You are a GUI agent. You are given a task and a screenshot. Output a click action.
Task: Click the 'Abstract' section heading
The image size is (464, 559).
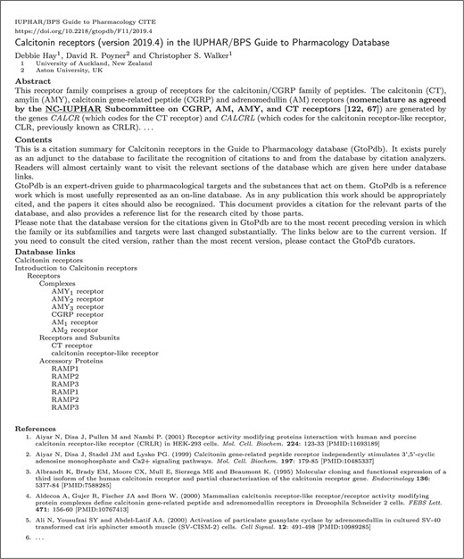(33, 79)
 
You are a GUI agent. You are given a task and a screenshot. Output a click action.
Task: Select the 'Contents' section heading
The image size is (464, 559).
(34, 140)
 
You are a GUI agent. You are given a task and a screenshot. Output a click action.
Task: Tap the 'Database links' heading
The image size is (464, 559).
(49, 252)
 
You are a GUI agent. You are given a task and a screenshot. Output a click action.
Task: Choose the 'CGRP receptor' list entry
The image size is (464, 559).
(78, 314)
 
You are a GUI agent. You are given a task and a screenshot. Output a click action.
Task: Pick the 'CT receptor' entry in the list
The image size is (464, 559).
(72, 346)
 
